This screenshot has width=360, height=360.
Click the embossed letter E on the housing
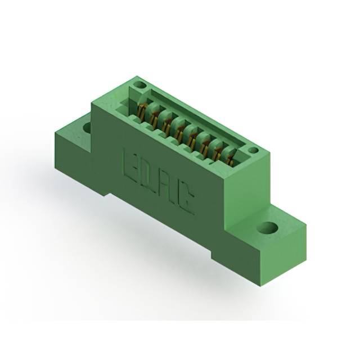[131, 164]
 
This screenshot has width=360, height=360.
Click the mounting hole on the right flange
[268, 227]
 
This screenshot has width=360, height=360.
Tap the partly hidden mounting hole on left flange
[87, 127]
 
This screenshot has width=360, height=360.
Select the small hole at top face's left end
[140, 85]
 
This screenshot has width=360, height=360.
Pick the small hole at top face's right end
[253, 151]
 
